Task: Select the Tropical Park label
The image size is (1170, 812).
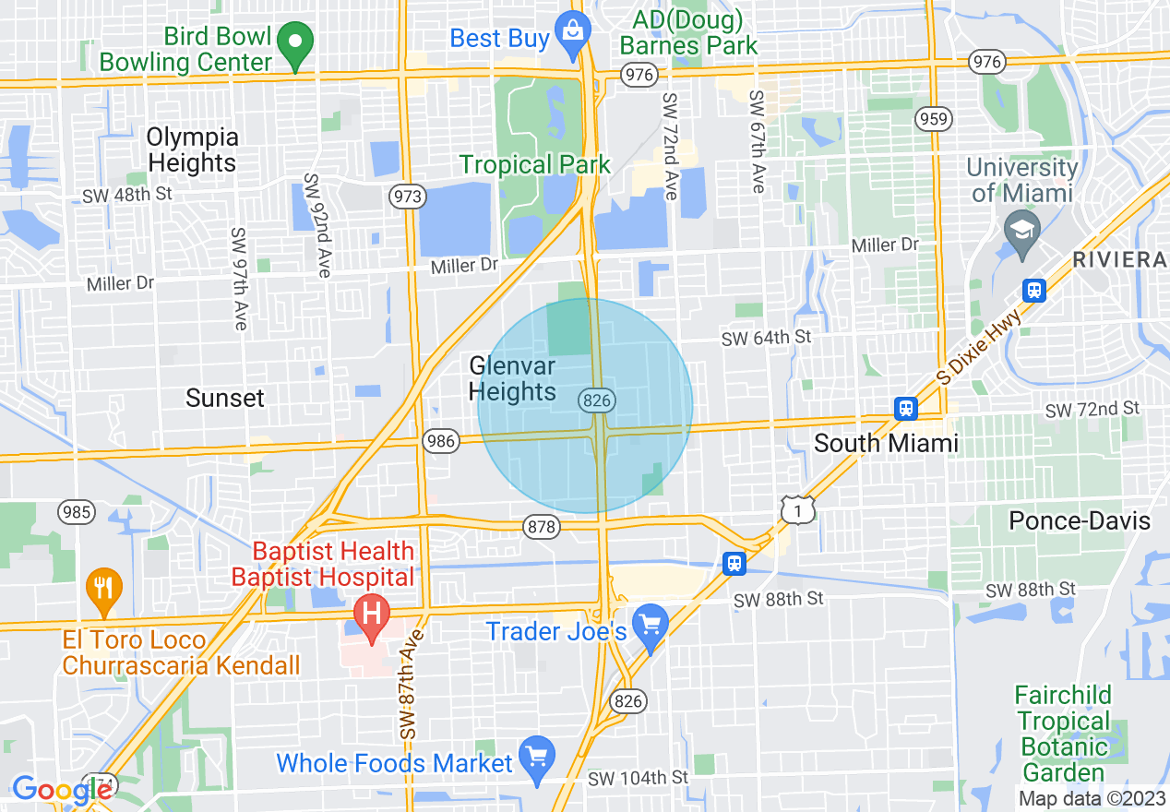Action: (535, 165)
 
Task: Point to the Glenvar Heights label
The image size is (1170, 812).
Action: (512, 379)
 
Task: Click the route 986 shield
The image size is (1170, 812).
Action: (441, 441)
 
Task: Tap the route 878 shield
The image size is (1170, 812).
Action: (541, 527)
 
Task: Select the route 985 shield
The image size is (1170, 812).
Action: (74, 510)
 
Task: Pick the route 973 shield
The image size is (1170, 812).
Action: (408, 196)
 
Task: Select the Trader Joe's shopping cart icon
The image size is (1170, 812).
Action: (651, 626)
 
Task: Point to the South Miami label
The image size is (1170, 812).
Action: (886, 443)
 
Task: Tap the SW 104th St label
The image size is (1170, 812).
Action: (638, 777)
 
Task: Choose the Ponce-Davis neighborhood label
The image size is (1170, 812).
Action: (1080, 521)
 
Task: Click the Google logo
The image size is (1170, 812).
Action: (62, 790)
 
